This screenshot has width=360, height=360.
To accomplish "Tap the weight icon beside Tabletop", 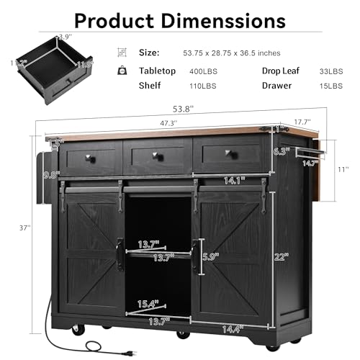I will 122,71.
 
